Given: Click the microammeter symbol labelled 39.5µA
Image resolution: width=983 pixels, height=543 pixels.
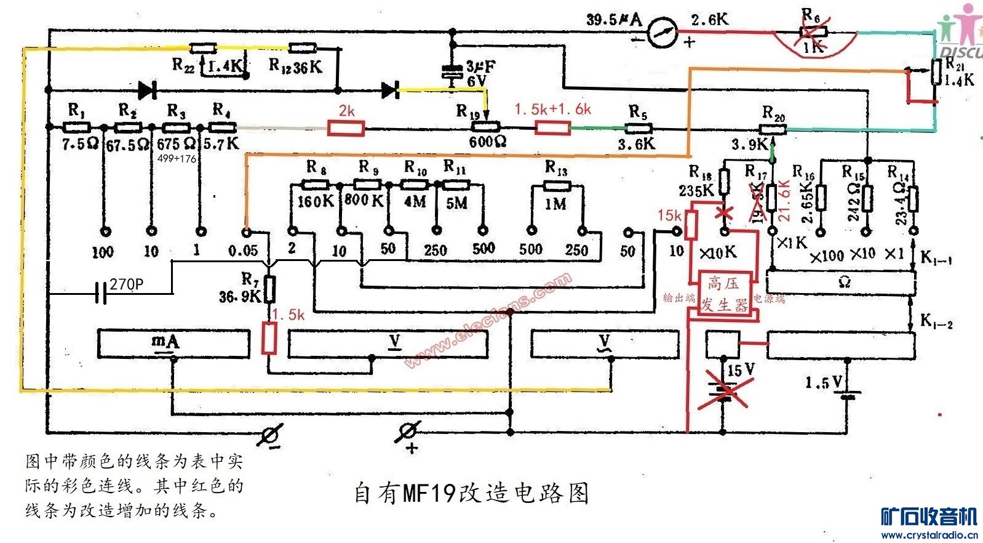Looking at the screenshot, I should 662,33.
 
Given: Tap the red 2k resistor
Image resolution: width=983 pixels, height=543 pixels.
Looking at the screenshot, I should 346,128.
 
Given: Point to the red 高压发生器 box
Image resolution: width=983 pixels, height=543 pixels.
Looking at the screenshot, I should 723,294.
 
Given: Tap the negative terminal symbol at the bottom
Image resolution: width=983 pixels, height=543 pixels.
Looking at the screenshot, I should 271,434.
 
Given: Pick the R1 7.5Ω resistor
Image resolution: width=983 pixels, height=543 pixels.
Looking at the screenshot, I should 77,127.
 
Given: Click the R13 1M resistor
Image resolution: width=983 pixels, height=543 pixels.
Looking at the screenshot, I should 557,185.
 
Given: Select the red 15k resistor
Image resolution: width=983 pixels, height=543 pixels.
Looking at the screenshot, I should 691,225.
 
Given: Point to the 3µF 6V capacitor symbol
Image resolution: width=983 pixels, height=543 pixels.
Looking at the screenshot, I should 453,73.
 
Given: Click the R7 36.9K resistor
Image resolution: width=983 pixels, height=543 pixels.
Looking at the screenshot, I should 269,289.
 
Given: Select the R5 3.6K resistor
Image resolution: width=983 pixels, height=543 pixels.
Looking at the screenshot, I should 639,129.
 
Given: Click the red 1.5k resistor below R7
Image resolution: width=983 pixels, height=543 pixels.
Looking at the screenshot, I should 269,338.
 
